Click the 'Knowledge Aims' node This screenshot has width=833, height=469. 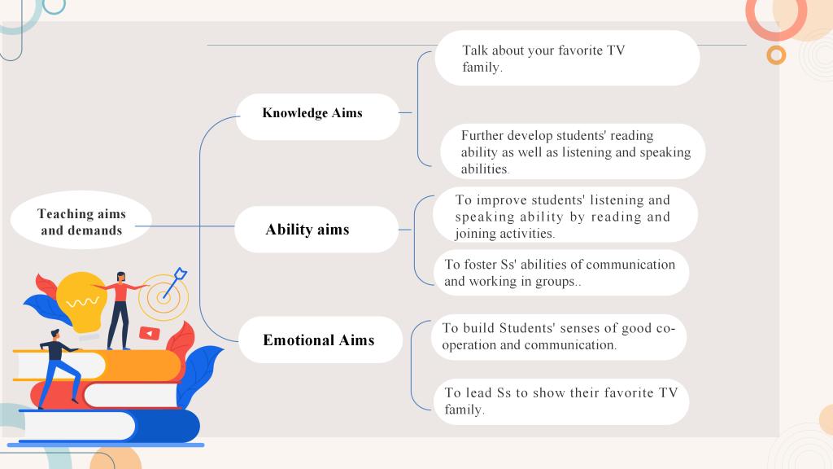point(318,117)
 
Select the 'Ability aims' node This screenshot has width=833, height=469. point(316,229)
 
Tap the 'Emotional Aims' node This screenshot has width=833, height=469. point(321,340)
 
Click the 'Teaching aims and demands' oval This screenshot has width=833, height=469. point(81,220)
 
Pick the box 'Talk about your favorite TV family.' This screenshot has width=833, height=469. point(567,58)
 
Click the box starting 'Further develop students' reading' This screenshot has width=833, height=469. point(573,151)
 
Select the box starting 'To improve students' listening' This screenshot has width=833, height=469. point(565,215)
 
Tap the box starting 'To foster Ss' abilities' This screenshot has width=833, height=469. point(561,272)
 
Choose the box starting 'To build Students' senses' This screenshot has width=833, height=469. point(558,336)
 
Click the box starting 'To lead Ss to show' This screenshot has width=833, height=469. point(561,401)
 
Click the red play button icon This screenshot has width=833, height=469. point(150,333)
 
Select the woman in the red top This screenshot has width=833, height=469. point(120,311)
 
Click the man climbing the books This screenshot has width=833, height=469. point(59,369)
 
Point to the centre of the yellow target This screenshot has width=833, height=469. point(163,297)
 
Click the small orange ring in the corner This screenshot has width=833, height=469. point(776,55)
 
